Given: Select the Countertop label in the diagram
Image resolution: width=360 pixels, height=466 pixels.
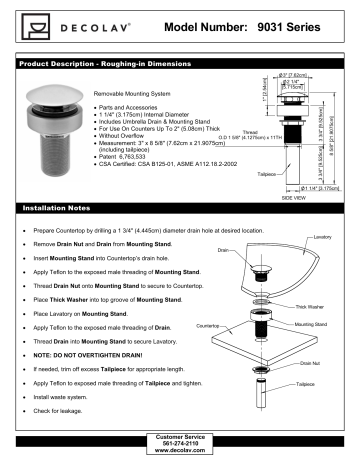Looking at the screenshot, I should [x=208, y=325].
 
